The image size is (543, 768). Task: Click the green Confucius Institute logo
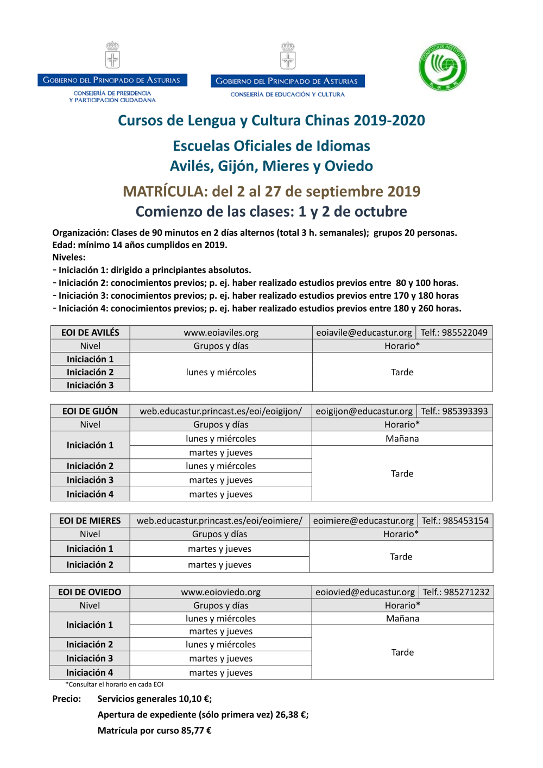(443, 67)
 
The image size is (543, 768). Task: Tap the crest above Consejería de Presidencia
(112, 55)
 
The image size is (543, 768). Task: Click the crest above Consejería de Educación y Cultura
(288, 56)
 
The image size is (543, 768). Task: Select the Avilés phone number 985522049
(465, 332)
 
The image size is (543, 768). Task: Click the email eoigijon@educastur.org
(364, 411)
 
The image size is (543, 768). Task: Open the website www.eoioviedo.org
(220, 592)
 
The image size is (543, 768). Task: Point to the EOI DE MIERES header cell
(90, 520)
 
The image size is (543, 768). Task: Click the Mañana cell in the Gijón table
(402, 438)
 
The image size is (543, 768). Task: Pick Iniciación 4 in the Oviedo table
(90, 672)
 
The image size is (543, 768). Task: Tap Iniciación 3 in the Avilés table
(90, 385)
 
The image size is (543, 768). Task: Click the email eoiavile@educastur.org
(364, 332)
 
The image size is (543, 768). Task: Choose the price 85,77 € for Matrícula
(196, 731)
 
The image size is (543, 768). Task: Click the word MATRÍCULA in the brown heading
(163, 191)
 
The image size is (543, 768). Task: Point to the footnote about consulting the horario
(114, 684)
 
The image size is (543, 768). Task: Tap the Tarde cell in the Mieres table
(401, 557)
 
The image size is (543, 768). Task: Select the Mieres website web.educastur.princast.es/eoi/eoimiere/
(219, 520)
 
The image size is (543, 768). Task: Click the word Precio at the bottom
(67, 699)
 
